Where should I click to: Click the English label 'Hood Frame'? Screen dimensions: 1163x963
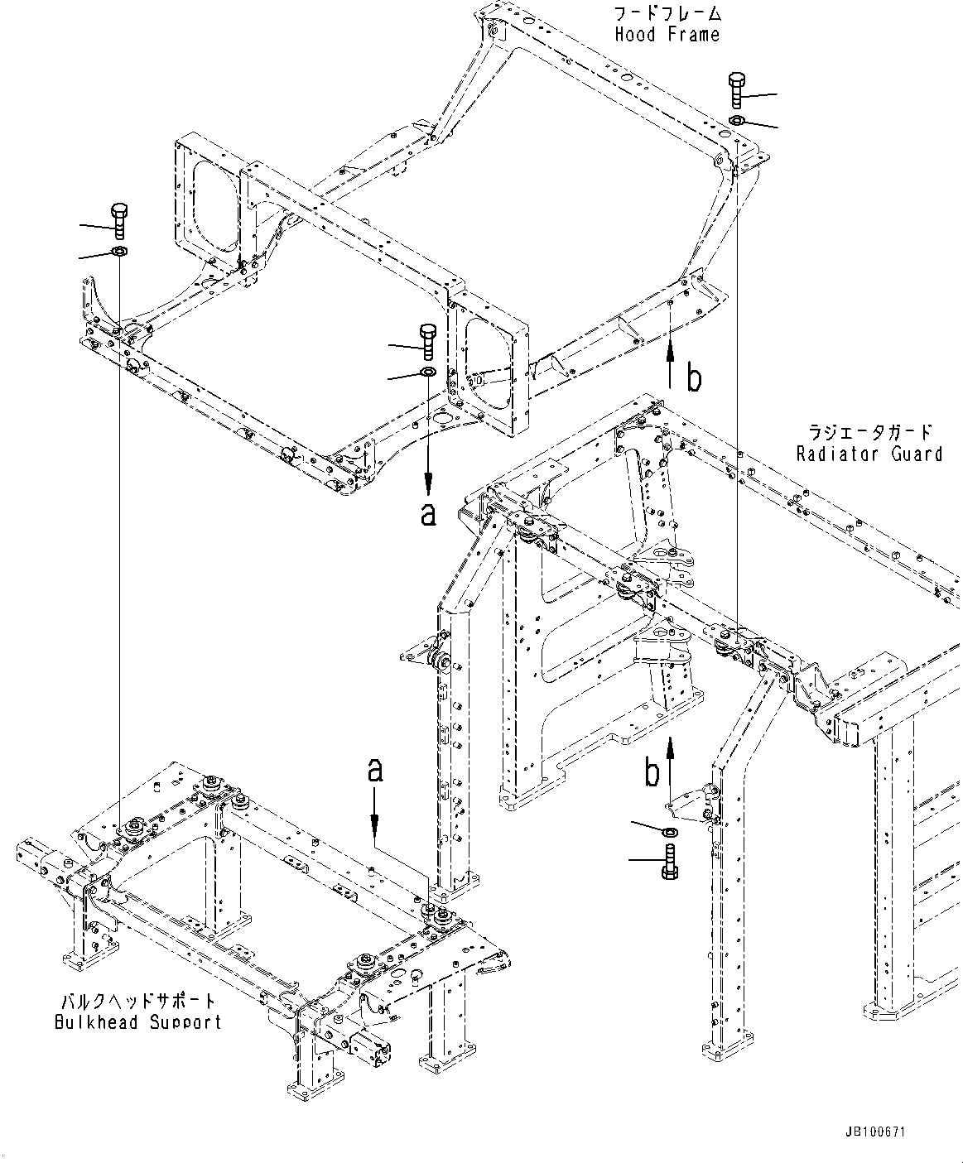[x=667, y=35]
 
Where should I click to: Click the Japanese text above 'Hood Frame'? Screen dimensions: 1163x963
[x=667, y=13]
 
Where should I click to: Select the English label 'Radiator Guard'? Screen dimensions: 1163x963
[x=869, y=454]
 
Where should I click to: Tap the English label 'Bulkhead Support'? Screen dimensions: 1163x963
[x=137, y=1021]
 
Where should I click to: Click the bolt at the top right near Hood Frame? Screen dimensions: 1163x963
[x=736, y=89]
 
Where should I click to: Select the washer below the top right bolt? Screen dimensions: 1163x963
[x=736, y=122]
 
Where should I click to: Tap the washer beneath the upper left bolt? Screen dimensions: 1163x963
[x=118, y=251]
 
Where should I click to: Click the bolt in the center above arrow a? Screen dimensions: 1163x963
[x=428, y=339]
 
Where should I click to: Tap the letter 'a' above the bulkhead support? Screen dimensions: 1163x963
[x=375, y=771]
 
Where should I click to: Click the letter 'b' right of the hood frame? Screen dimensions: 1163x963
[x=694, y=378]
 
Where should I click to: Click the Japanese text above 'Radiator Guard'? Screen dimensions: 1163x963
[x=869, y=432]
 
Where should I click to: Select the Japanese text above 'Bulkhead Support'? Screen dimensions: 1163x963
[x=137, y=1000]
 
